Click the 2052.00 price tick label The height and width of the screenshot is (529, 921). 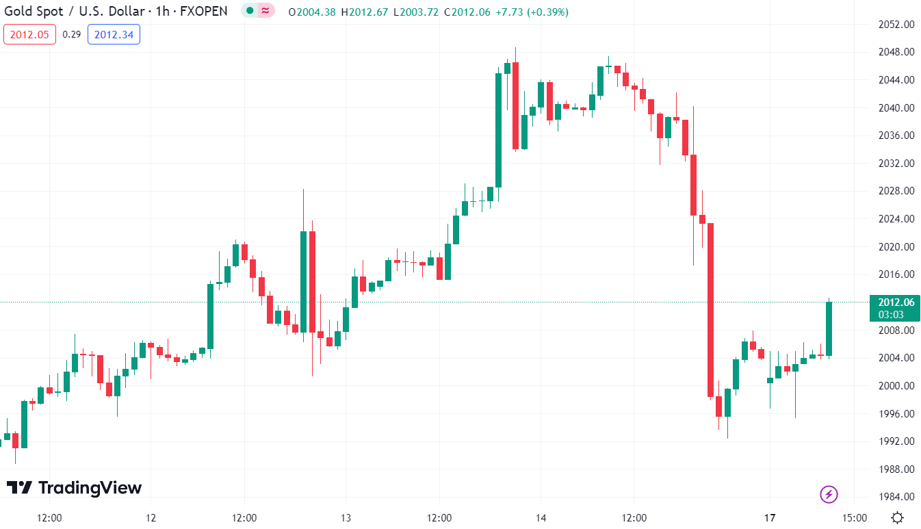pos(896,25)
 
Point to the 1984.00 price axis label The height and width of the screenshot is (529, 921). pos(896,497)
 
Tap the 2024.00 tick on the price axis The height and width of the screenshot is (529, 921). pos(896,219)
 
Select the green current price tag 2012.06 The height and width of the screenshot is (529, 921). pos(896,302)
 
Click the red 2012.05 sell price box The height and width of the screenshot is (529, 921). pos(30,34)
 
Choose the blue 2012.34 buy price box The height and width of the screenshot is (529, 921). pos(114,34)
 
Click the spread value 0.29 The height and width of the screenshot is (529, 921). pos(71,34)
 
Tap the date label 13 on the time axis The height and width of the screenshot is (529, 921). pos(346,517)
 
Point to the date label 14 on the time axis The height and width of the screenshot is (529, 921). pos(541,517)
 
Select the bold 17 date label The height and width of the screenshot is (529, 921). pos(770,517)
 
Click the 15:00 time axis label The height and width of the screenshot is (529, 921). pos(854,517)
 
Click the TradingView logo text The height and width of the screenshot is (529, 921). pos(75,488)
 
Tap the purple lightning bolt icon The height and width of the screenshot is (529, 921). pos(829,494)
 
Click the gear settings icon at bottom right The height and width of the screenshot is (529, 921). pos(898,517)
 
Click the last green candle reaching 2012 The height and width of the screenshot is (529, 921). pos(829,328)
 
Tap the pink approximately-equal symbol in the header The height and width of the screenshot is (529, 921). pos(265,11)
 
